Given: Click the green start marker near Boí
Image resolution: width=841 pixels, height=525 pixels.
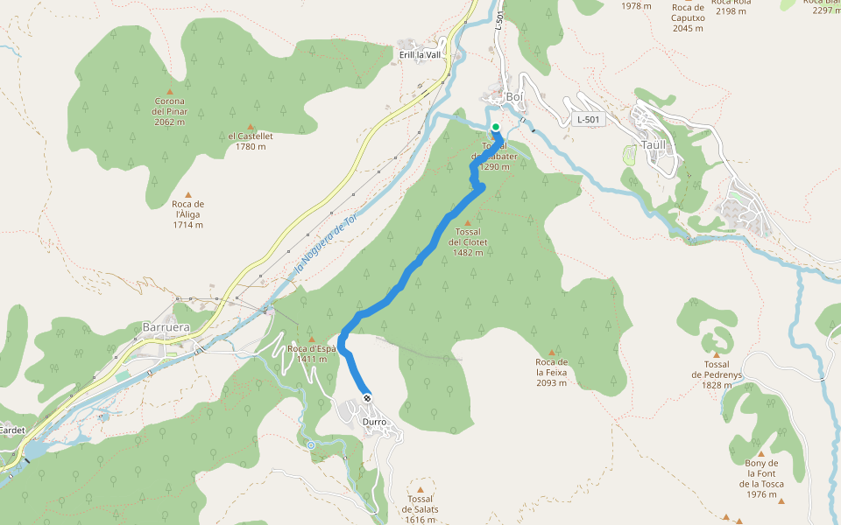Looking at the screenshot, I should pyautogui.click(x=496, y=127).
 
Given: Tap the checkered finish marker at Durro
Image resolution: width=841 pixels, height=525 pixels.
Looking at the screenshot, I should pyautogui.click(x=367, y=398).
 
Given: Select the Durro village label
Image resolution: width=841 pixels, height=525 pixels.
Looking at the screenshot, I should pyautogui.click(x=374, y=422).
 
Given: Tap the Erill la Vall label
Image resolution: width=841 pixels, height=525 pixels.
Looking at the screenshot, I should pyautogui.click(x=420, y=54).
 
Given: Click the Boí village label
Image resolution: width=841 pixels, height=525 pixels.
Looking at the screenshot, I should pyautogui.click(x=514, y=97).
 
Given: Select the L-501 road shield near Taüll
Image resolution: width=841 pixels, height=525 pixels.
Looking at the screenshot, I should pyautogui.click(x=590, y=119).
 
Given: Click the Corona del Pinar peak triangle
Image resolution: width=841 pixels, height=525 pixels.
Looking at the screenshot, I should pyautogui.click(x=170, y=91).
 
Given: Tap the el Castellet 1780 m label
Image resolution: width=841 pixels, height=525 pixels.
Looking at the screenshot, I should pyautogui.click(x=251, y=141).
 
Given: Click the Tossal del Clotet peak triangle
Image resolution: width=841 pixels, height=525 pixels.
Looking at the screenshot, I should pyautogui.click(x=468, y=222).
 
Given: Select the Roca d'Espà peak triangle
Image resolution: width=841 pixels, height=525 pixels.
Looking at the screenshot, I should pyautogui.click(x=312, y=339).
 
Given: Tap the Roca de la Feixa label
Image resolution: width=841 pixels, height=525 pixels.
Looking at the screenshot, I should pyautogui.click(x=552, y=372).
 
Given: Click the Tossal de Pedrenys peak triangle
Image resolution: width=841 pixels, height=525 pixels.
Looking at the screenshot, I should pyautogui.click(x=717, y=355).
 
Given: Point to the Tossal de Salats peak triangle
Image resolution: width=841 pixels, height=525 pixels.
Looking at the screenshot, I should pyautogui.click(x=420, y=490).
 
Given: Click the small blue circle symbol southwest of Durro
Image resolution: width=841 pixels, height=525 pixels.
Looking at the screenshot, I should pyautogui.click(x=310, y=445).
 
